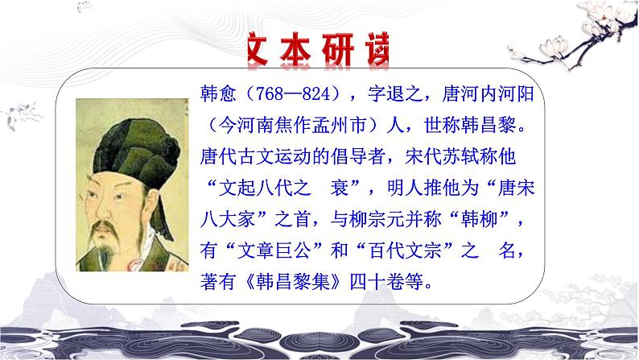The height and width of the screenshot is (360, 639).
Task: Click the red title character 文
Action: point(263,48)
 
